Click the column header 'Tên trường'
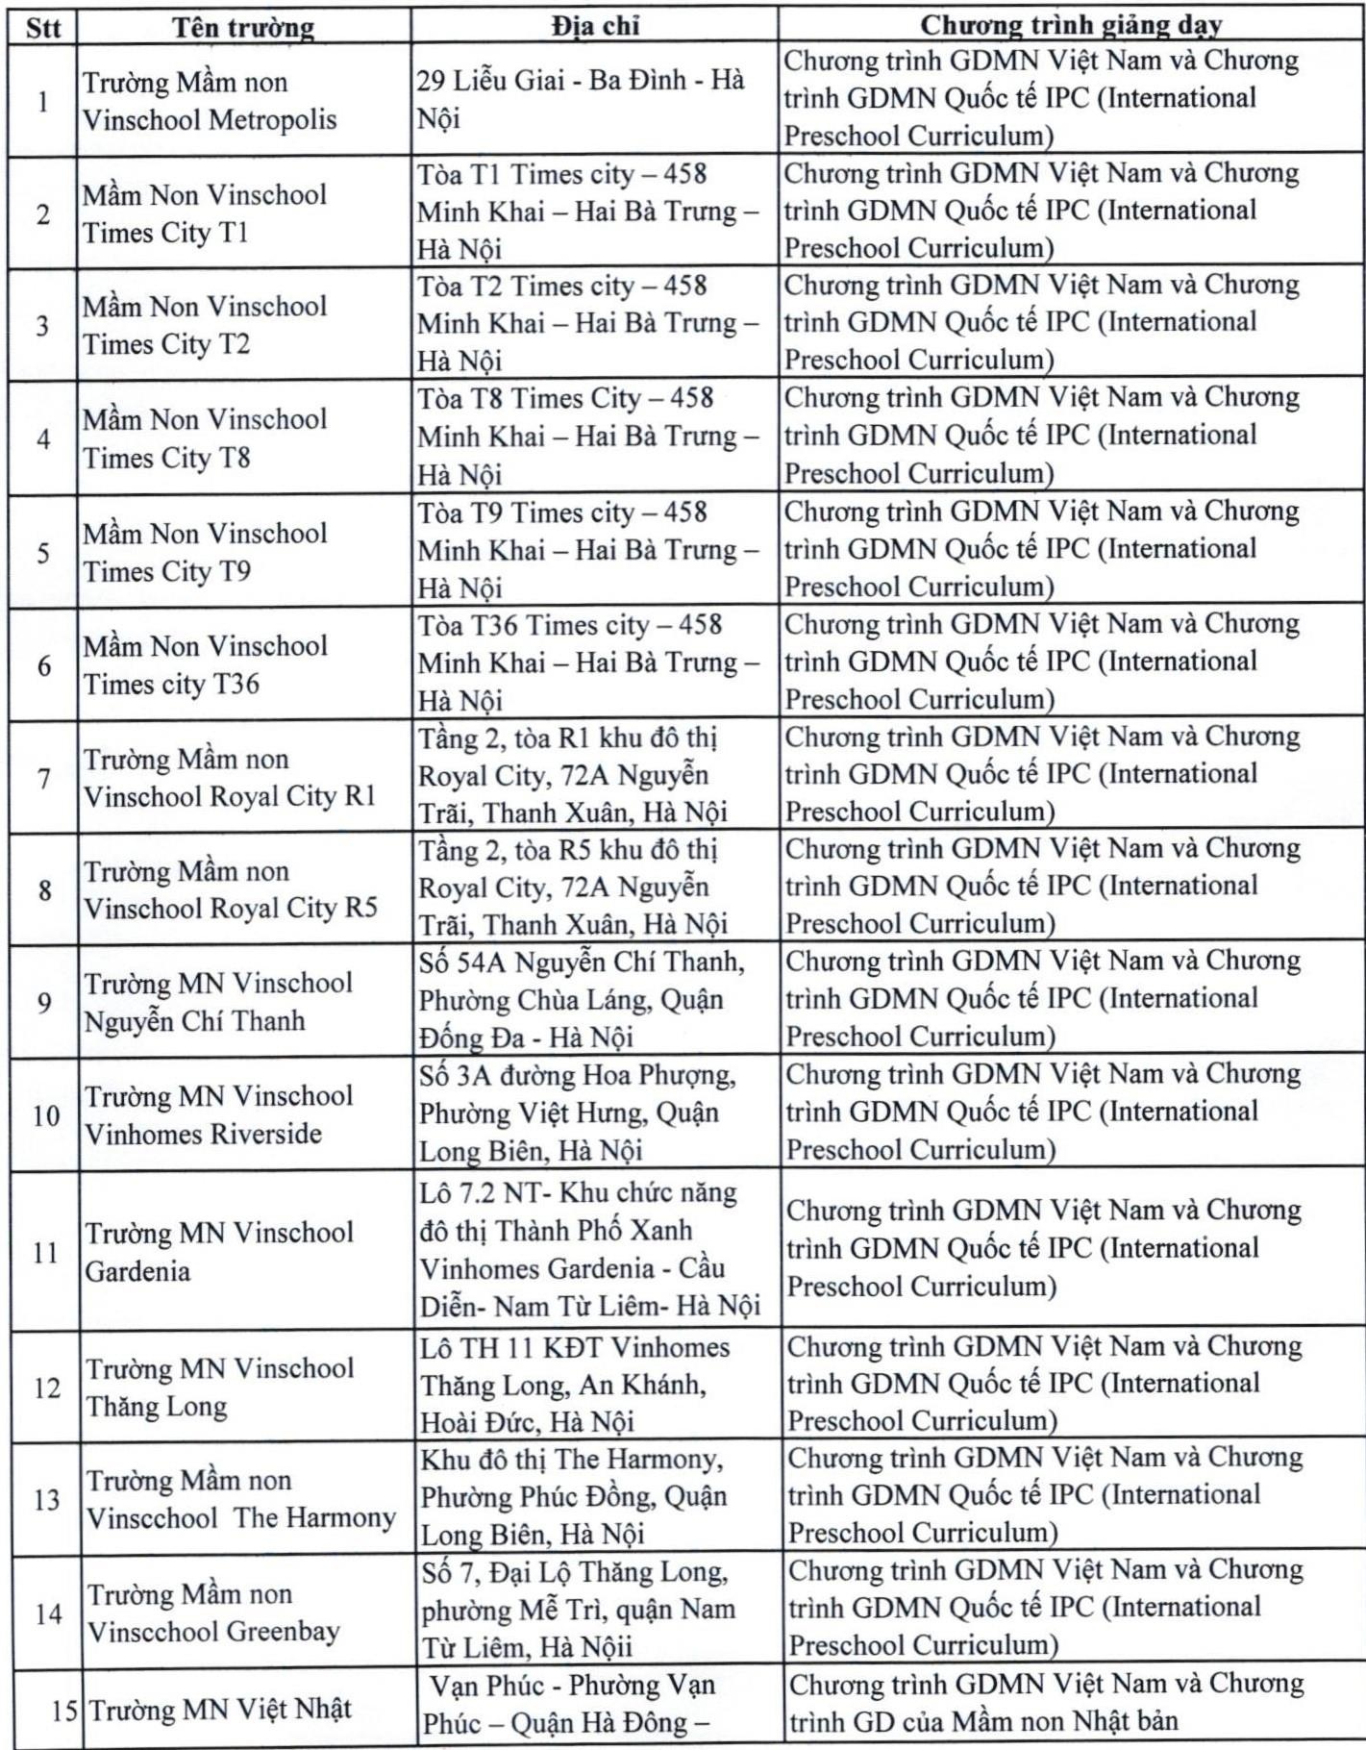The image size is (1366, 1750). click(243, 27)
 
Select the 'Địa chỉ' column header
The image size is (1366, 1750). click(595, 26)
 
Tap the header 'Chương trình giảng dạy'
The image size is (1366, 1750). click(1071, 25)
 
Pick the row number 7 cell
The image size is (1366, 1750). click(44, 778)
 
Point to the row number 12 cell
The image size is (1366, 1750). click(46, 1387)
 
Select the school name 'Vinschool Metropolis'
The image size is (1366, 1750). click(210, 120)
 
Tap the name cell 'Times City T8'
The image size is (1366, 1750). click(166, 458)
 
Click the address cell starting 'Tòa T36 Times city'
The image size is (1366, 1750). click(569, 626)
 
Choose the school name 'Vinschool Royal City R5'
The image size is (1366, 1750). click(230, 909)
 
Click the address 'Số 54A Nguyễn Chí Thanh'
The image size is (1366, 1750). click(582, 962)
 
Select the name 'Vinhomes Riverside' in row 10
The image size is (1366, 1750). click(203, 1135)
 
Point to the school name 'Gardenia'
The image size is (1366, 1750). click(137, 1272)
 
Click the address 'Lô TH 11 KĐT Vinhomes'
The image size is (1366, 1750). click(575, 1348)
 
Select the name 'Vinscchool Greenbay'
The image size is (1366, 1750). click(213, 1632)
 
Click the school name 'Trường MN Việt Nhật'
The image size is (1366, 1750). click(220, 1710)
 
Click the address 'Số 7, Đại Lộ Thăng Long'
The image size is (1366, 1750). click(575, 1573)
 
